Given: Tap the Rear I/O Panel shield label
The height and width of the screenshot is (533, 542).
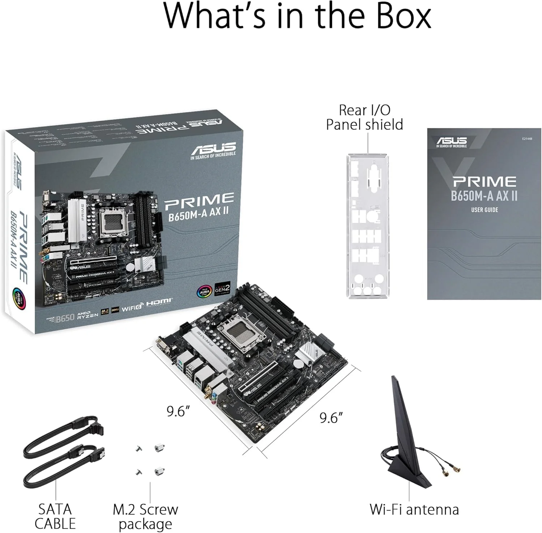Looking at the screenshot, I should coord(364,117).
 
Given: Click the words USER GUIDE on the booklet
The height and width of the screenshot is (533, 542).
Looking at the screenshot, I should coord(484,210).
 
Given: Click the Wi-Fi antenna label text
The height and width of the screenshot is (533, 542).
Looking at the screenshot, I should coord(414,509).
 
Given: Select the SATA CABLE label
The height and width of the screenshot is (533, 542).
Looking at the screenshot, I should coord(55,516).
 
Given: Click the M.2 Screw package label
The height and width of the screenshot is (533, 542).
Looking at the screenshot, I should coord(145,516).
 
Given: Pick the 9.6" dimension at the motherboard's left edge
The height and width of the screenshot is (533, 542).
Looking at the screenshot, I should coord(178,411).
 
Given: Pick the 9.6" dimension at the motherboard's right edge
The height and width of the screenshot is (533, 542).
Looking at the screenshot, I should coord(331,418).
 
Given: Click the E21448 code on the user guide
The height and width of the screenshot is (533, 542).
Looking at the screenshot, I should coord(527,138).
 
